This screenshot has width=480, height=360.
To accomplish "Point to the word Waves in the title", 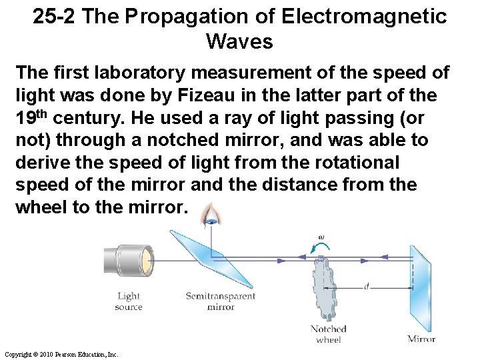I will tap(240, 42).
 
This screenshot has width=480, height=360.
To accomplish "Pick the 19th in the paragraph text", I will tap(31, 118).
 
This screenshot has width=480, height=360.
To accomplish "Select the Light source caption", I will tap(129, 301).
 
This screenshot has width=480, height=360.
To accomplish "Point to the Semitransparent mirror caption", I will tap(212, 301).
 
